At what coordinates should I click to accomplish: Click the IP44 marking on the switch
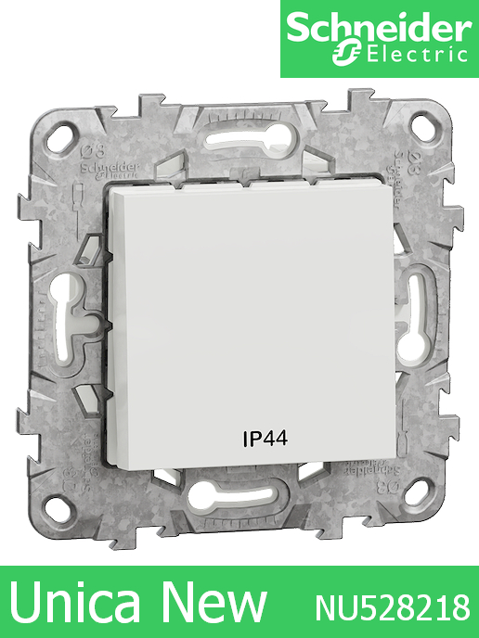click(265, 437)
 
